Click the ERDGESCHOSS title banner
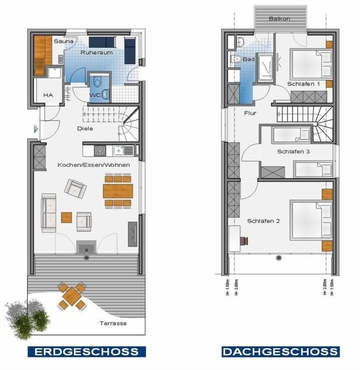pos(86,352)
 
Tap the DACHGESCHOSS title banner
pos(280,352)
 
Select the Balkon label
pos(279,18)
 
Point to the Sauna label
pos(63,41)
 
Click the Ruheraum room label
pos(96,53)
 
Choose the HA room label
pos(48,95)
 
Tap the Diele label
pos(85,128)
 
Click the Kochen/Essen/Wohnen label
pos(93,165)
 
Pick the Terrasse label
pos(113,323)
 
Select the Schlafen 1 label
pos(304,84)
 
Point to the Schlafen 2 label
pos(263,221)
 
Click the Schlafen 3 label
pos(293,152)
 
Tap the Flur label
pos(250,113)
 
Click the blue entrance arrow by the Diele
pos(36,129)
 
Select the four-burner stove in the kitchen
pos(100,151)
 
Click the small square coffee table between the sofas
pos(66,217)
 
